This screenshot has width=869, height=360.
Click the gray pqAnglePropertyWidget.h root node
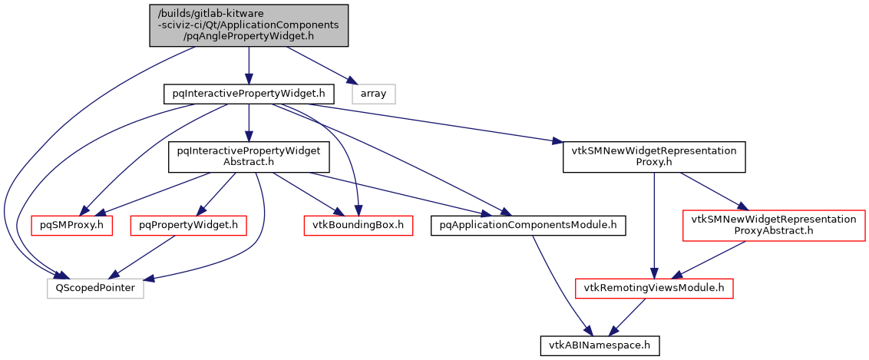pos(249,25)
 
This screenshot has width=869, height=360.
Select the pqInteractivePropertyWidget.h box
pos(249,94)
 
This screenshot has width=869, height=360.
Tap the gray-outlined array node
pos(374,94)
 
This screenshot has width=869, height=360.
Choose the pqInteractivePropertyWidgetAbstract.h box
pos(249,157)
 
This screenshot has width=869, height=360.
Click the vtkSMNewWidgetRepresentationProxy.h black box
pos(653,157)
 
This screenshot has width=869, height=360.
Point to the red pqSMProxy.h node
pos(71,225)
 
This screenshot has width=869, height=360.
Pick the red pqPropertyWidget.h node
pos(189,225)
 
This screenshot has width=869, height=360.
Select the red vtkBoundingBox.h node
pos(358,225)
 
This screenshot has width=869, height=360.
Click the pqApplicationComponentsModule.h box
pos(528,225)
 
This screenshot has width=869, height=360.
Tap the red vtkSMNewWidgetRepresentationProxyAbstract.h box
pos(773,225)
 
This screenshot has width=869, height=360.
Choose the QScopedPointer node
pos(95,288)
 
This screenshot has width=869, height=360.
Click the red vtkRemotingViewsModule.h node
pos(653,288)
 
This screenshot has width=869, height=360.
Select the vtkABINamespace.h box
pos(600,345)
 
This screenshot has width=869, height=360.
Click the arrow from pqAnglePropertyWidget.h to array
pos(319,64)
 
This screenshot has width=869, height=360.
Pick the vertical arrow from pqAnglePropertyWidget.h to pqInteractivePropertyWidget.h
pos(249,66)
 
